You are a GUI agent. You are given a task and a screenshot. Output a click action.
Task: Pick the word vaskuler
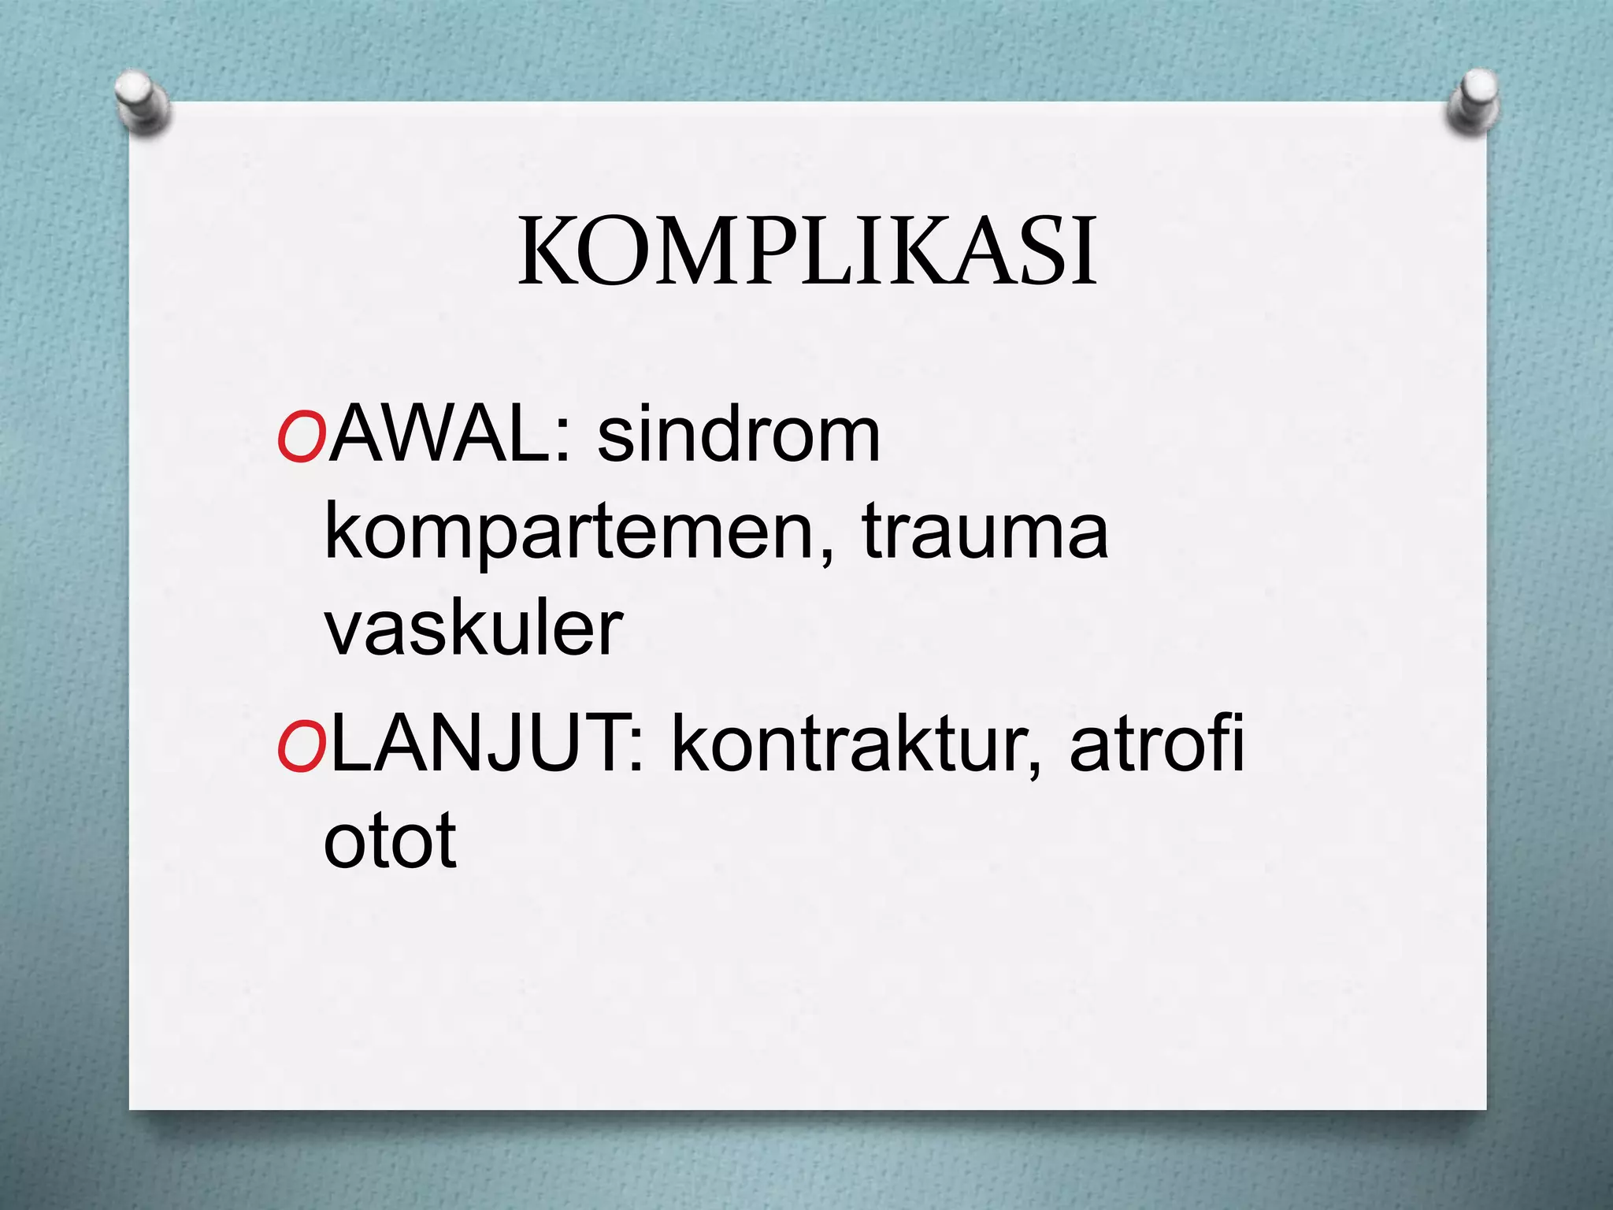(473, 630)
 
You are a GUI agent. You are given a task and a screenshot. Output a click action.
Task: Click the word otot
(390, 841)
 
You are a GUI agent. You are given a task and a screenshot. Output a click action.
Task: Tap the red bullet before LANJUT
(301, 746)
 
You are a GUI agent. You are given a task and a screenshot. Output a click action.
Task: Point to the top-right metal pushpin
(1474, 102)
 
